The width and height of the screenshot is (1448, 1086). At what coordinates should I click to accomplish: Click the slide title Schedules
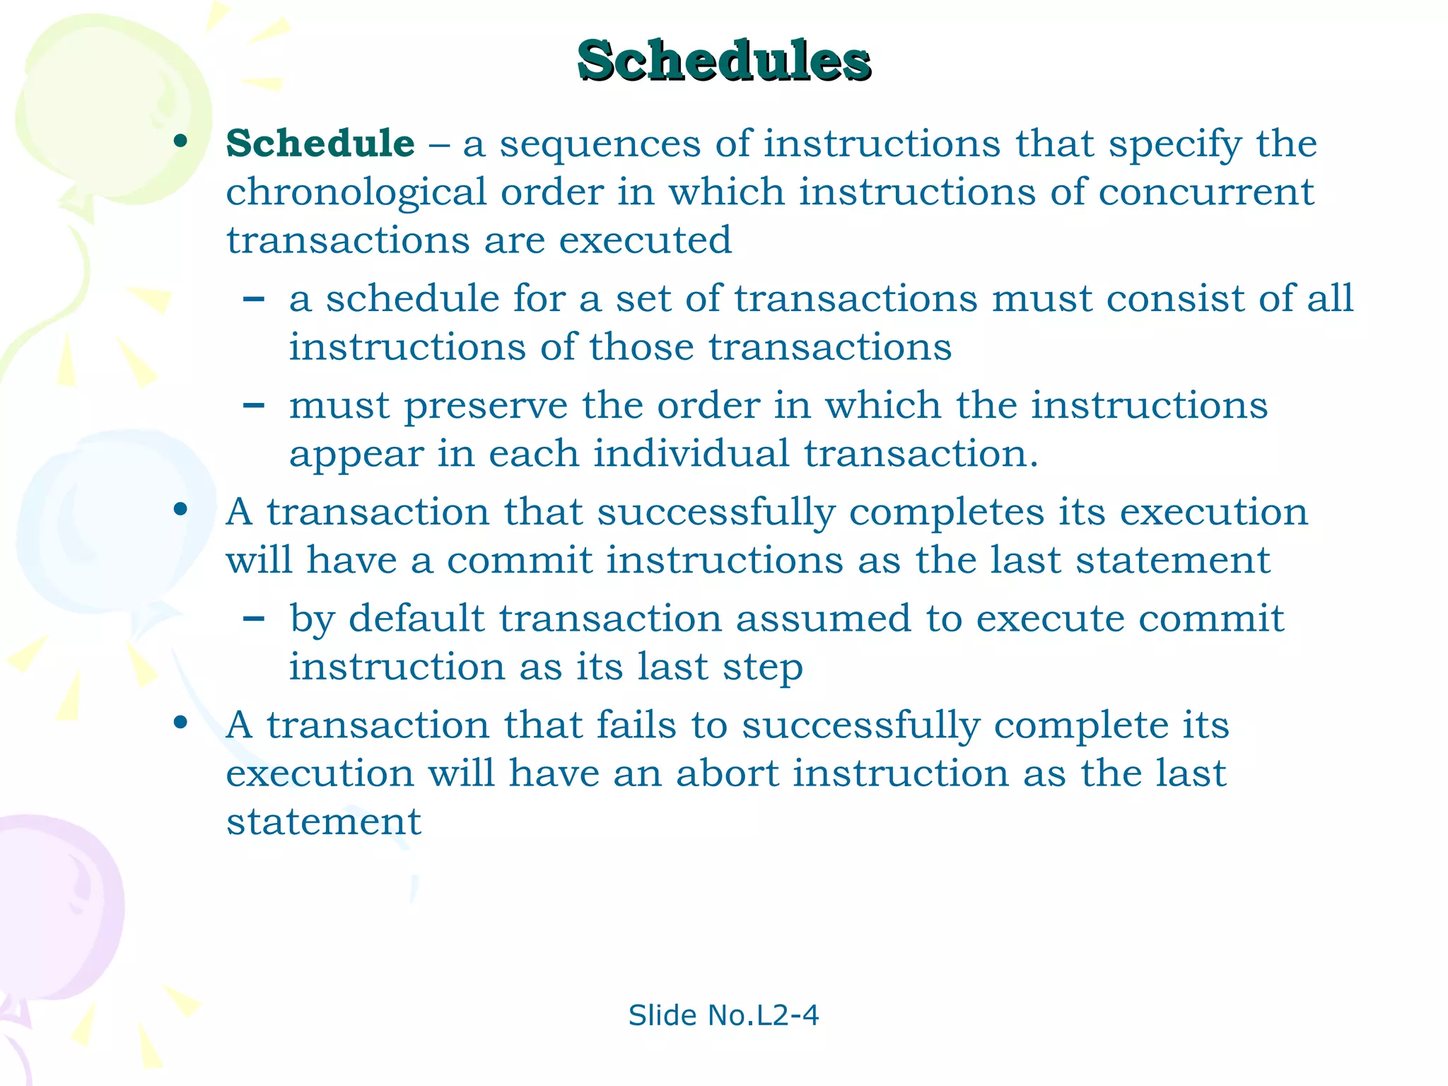coord(723,61)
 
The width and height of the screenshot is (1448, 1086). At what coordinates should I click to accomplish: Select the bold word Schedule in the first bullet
coord(320,144)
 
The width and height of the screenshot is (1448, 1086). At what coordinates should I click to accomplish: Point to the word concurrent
coord(1206,192)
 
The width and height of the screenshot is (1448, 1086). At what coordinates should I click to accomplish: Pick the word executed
coord(645,240)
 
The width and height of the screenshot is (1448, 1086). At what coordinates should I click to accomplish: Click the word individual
coord(691,453)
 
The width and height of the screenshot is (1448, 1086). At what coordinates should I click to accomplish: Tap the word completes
coord(946,513)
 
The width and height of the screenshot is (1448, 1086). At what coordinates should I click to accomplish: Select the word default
coord(416,619)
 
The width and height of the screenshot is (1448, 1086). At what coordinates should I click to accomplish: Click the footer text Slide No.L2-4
coord(723,1015)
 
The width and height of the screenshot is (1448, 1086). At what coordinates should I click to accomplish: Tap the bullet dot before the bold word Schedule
coord(181,142)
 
